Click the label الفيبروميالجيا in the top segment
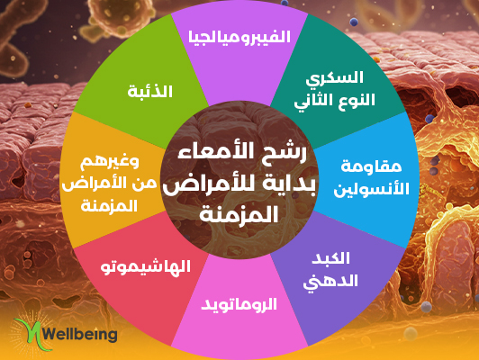point(239,37)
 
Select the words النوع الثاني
point(335,101)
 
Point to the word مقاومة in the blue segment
point(366,166)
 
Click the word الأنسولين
point(371,189)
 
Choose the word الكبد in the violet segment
point(330,258)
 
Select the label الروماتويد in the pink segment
point(239,305)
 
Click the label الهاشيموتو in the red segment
point(146,267)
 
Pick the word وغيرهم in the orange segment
point(110,161)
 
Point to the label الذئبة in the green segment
point(150,91)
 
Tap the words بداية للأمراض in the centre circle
point(239,185)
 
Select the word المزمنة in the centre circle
point(239,213)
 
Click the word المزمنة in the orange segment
point(109,206)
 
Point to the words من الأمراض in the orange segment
point(109,184)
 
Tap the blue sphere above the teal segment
point(354,22)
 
